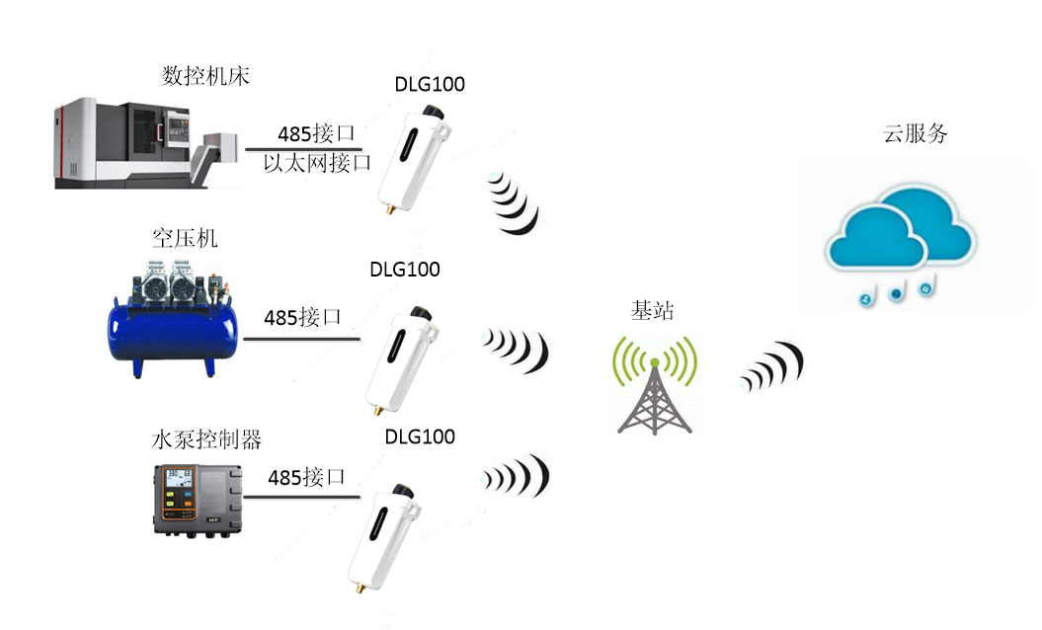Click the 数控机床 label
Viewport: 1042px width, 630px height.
point(201,76)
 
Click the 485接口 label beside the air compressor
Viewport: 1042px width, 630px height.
point(302,318)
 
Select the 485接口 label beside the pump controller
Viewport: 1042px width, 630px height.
point(307,477)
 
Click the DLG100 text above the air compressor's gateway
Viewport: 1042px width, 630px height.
point(405,270)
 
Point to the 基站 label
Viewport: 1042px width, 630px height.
point(652,310)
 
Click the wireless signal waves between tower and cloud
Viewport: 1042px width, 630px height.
point(772,367)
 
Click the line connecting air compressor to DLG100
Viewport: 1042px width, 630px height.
point(302,340)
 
